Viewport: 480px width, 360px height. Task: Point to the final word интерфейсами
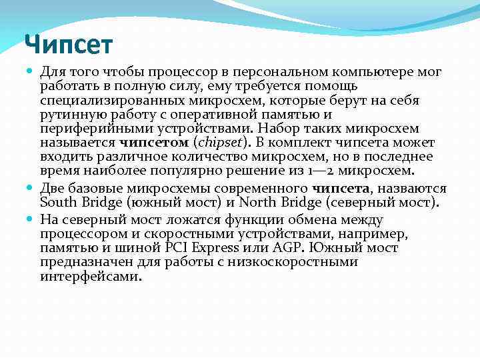coord(91,277)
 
